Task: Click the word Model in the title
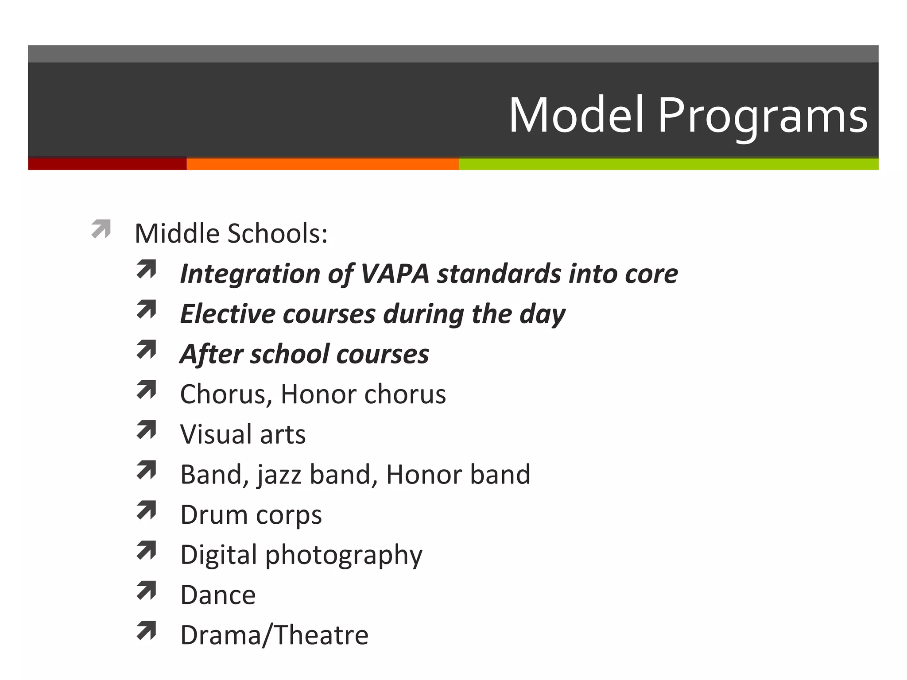576,115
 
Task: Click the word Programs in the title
762,116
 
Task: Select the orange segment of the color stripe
322,164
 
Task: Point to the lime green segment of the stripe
668,164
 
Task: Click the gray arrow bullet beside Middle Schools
101,229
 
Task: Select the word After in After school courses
211,354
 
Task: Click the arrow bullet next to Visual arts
147,430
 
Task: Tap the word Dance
218,595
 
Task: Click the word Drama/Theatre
274,635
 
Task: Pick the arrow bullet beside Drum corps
147,510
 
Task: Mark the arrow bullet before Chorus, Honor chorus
147,390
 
